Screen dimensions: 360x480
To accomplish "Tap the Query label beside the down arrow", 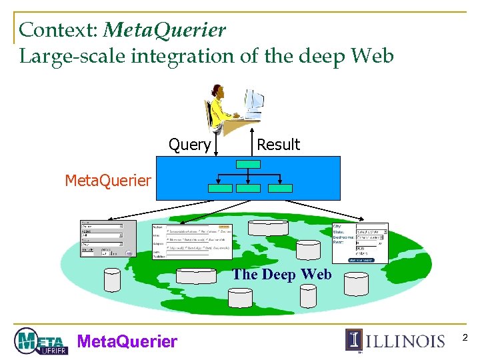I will (190, 145).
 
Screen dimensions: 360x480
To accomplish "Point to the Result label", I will (278, 145).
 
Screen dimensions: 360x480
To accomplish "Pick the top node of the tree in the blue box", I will (249, 163).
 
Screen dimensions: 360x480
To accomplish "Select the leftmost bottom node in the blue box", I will (220, 188).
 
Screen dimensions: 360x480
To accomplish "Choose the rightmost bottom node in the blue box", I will (280, 188).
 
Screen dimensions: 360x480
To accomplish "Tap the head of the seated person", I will (218, 91).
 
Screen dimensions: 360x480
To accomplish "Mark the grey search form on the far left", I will (107, 238).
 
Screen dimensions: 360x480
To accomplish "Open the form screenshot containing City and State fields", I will (360, 242).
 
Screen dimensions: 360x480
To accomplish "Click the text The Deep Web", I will (281, 274).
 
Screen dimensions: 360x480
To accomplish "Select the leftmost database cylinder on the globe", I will (112, 281).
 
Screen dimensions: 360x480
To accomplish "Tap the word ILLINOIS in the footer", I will (405, 341).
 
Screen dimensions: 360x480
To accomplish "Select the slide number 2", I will (465, 339).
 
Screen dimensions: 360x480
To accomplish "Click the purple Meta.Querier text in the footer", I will (127, 341).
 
